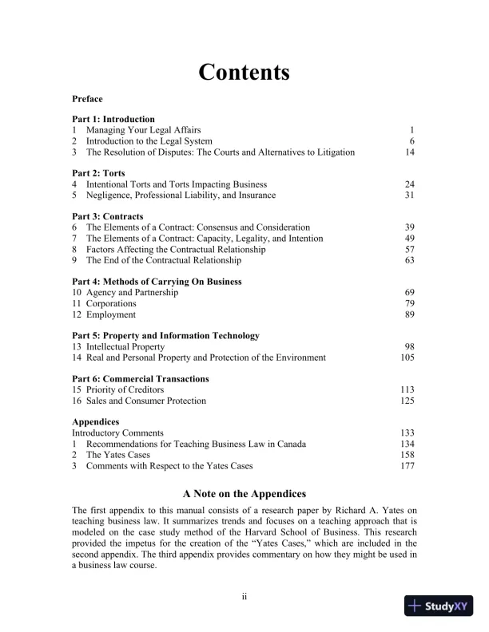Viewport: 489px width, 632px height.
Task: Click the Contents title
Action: [244, 73]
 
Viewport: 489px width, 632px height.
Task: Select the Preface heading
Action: [87, 99]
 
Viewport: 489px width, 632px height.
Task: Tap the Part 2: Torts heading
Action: [98, 172]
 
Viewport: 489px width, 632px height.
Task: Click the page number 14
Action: [409, 152]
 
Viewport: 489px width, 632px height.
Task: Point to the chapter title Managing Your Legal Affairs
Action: [143, 129]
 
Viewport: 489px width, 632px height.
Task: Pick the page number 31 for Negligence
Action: [409, 195]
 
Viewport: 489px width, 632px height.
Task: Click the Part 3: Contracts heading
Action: [108, 216]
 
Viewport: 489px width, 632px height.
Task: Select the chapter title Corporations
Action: [111, 304]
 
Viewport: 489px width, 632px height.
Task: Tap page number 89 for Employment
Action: [409, 315]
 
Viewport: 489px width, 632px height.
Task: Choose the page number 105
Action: [407, 357]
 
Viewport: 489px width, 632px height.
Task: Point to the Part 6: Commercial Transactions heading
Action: [141, 379]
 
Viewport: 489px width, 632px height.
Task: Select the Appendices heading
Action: [96, 421]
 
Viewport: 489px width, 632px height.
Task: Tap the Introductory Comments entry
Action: [117, 433]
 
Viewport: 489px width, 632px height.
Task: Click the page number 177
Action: [407, 465]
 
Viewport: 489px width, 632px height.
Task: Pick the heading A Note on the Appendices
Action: [244, 494]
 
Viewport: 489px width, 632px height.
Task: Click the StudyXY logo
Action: [439, 606]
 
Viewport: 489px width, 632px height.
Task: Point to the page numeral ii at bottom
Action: [245, 596]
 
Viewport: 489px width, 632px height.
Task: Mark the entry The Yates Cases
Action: [119, 454]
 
